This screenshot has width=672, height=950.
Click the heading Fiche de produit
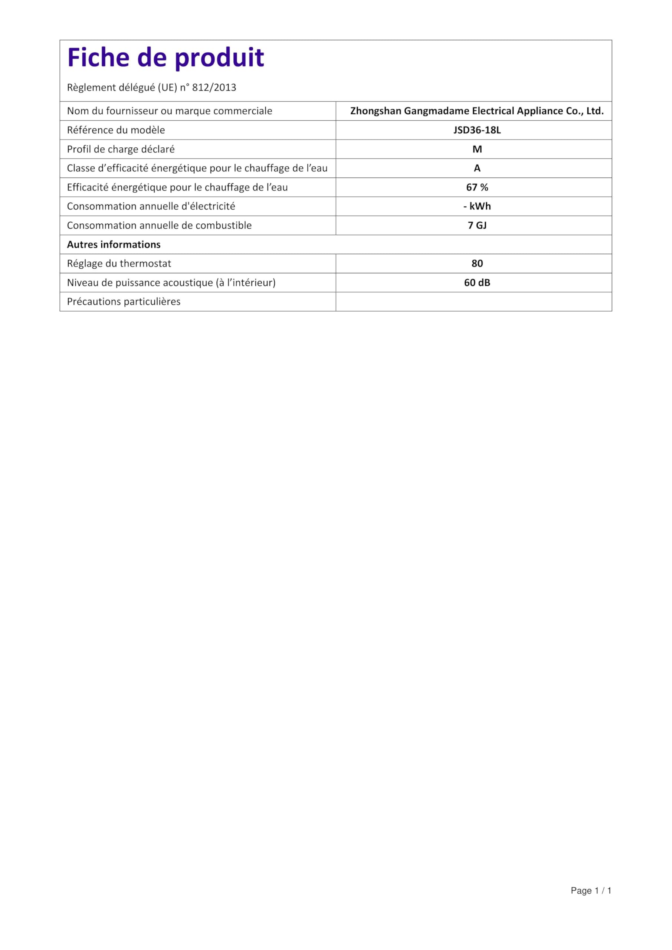point(165,58)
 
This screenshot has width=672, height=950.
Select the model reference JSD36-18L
point(477,130)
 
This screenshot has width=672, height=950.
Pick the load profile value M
point(477,150)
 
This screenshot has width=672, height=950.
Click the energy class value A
point(477,168)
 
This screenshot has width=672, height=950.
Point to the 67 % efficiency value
point(477,187)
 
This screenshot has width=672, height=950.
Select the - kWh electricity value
point(477,206)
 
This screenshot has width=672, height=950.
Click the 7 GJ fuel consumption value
point(477,226)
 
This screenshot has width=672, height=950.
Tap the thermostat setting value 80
point(477,263)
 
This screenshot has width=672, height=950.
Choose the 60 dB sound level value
point(477,283)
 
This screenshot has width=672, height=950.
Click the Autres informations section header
point(114,245)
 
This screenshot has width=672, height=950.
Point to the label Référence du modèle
point(116,130)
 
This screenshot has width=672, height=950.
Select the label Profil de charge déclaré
point(121,150)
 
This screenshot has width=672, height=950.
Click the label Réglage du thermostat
point(119,263)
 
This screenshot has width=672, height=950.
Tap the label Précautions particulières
point(124,302)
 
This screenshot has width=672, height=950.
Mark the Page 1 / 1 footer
point(590,890)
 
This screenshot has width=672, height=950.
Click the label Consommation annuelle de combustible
point(159,226)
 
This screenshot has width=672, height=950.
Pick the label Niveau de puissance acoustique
point(171,283)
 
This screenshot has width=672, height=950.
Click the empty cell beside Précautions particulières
point(473,302)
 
